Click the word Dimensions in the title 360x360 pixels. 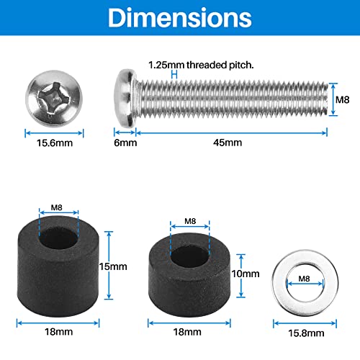[x=180, y=19]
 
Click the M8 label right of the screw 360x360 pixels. [x=343, y=95]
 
